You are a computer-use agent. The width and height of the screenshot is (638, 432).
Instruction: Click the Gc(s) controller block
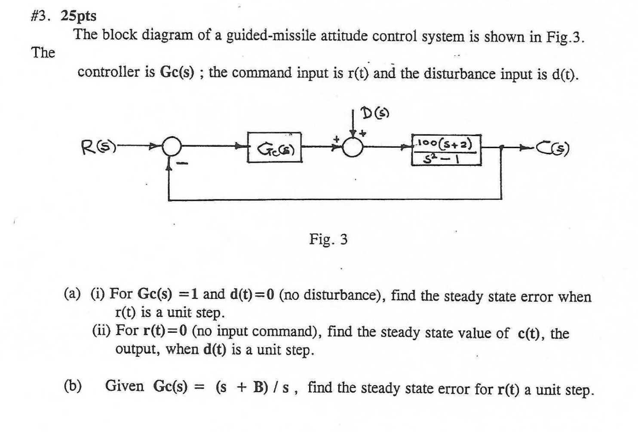[x=274, y=148]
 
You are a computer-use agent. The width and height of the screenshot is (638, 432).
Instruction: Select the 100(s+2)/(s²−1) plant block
[x=446, y=150]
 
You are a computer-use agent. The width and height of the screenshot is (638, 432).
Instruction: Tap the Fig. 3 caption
[x=328, y=239]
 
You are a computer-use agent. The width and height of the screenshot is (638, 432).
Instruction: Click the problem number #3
[x=40, y=16]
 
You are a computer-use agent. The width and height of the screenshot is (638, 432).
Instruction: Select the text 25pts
[x=79, y=16]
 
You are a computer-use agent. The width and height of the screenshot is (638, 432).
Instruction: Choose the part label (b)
[x=73, y=386]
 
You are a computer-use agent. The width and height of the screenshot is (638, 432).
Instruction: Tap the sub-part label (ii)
[x=101, y=331]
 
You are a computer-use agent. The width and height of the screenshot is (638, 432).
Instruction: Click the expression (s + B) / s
[x=254, y=387]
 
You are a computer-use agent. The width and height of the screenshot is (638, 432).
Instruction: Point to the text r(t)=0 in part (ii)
[x=165, y=331]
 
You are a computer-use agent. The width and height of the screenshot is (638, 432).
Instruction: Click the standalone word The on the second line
[x=43, y=52]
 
